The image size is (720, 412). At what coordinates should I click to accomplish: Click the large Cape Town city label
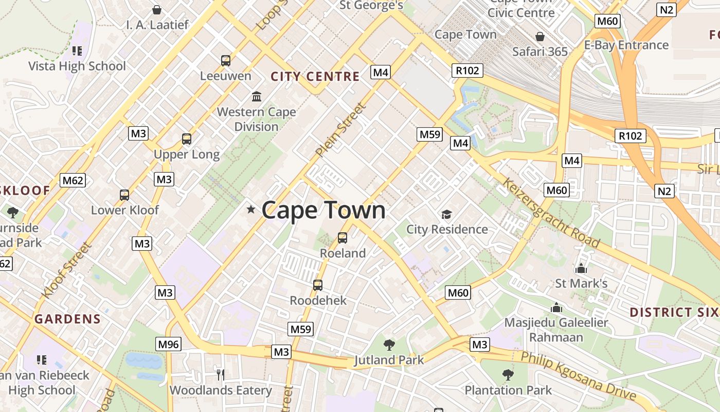click(x=323, y=210)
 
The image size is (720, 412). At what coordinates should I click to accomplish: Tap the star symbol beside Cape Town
click(x=251, y=209)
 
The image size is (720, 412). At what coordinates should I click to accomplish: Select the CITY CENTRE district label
click(x=315, y=77)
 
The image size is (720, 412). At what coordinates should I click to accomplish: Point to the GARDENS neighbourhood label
click(x=67, y=319)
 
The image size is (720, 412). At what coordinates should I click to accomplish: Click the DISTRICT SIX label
click(x=674, y=312)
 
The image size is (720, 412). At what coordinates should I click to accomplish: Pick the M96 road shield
click(x=169, y=344)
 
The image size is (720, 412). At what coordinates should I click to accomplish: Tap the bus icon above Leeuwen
click(x=226, y=61)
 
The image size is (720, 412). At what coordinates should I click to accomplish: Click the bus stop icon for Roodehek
click(x=318, y=285)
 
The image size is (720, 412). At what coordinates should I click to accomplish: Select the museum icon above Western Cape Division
click(x=256, y=96)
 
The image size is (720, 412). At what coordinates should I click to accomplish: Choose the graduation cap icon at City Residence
click(x=446, y=214)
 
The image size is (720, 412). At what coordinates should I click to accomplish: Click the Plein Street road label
click(x=341, y=130)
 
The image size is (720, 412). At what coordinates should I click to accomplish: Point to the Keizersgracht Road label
click(x=551, y=213)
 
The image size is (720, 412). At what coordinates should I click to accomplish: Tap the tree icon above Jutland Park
click(x=389, y=345)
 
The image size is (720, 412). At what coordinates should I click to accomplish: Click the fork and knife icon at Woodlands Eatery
click(x=221, y=374)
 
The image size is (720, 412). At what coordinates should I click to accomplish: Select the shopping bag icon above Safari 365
click(x=540, y=37)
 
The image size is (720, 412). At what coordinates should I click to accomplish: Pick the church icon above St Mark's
click(x=581, y=268)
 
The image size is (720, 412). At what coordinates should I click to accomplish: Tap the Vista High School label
click(x=77, y=66)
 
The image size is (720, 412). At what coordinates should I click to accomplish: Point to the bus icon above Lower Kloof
click(x=124, y=195)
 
